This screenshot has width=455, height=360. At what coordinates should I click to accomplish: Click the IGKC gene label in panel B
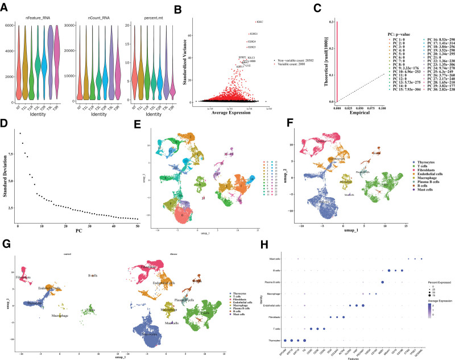click(260, 22)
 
